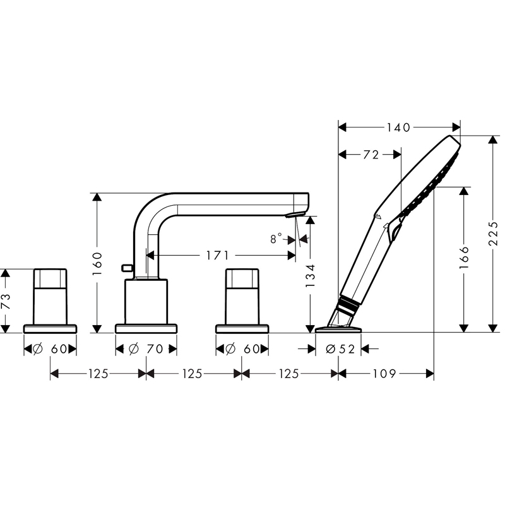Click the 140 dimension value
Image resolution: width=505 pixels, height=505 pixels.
pyautogui.click(x=398, y=128)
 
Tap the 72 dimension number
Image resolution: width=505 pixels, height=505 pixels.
pyautogui.click(x=371, y=155)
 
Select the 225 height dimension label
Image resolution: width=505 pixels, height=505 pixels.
pyautogui.click(x=493, y=234)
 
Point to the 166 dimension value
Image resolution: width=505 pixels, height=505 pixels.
pyautogui.click(x=464, y=258)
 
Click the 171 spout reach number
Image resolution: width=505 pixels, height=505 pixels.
pyautogui.click(x=217, y=256)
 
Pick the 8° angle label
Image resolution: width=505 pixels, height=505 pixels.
pyautogui.click(x=276, y=239)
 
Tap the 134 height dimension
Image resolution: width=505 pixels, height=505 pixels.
pyautogui.click(x=310, y=276)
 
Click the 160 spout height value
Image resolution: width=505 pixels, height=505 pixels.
pyautogui.click(x=97, y=264)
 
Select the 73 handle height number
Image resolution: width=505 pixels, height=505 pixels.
pyautogui.click(x=6, y=301)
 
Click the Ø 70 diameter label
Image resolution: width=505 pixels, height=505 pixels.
pyautogui.click(x=146, y=349)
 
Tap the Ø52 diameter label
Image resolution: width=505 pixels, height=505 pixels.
pyautogui.click(x=340, y=349)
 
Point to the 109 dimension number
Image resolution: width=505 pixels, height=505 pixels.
pyautogui.click(x=384, y=374)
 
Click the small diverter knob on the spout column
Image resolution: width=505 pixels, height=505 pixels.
pyautogui.click(x=128, y=267)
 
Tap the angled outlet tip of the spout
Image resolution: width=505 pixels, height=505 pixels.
pyautogui.click(x=295, y=215)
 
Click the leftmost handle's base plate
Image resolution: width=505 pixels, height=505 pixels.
pyautogui.click(x=50, y=328)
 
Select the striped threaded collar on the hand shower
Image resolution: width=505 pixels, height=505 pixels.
pyautogui.click(x=348, y=304)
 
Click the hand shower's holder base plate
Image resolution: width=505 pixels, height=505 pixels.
pyautogui.click(x=338, y=330)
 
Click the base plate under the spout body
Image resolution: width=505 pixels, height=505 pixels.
pyautogui.click(x=146, y=328)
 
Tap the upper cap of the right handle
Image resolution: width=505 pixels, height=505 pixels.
pyautogui.click(x=242, y=278)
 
